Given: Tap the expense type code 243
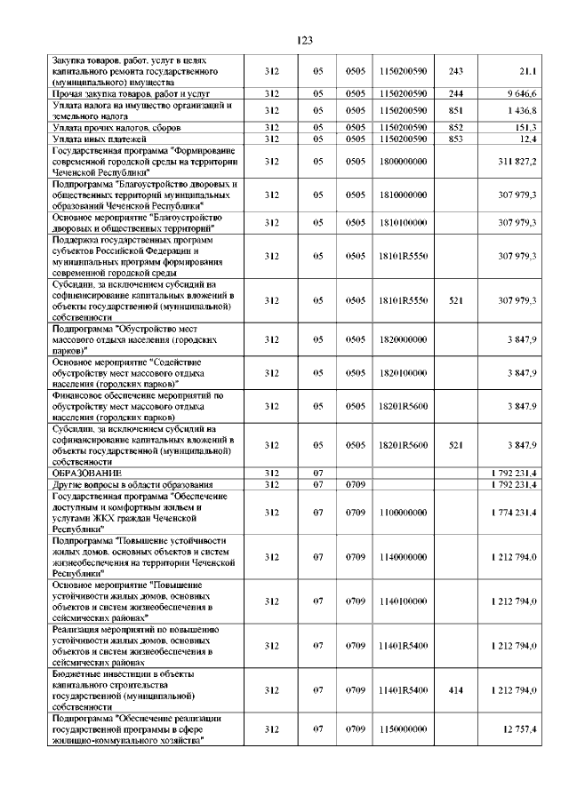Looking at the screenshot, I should coord(456,70).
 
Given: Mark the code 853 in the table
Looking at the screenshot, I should coord(456,139).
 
